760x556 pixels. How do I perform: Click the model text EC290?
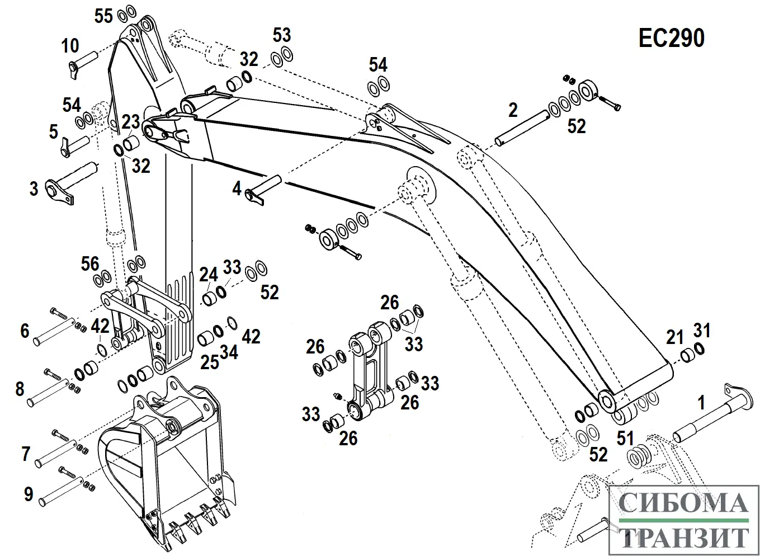[671, 39]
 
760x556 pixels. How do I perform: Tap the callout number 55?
[103, 16]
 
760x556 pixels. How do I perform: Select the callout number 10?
[70, 46]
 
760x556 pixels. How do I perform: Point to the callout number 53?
[282, 35]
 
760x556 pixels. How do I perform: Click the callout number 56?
[90, 263]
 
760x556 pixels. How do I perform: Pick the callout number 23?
[130, 122]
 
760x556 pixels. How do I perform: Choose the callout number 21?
[675, 337]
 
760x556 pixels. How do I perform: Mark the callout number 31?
[701, 331]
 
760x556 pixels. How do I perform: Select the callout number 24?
[208, 275]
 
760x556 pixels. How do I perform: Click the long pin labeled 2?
[521, 128]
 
